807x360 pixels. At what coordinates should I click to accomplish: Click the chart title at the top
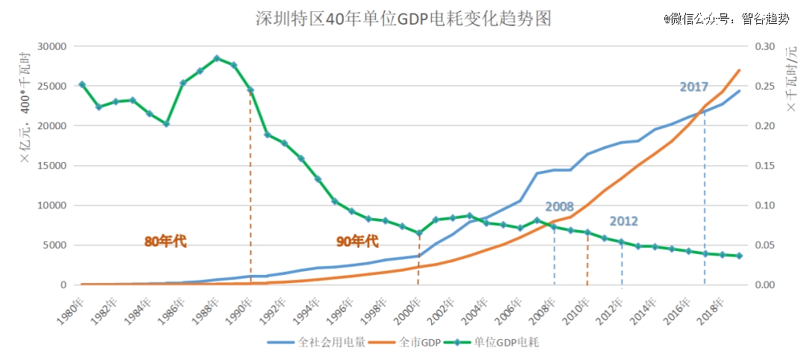tap(403, 18)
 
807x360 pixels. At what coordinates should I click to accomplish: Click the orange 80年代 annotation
tap(165, 241)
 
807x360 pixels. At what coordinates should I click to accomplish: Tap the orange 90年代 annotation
tap(357, 241)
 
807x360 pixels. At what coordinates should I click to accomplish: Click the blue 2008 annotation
tap(560, 206)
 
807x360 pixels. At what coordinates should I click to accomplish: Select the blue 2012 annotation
tap(623, 221)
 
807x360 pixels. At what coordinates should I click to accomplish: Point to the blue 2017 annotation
tap(693, 87)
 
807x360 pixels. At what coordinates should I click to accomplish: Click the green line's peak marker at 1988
tap(217, 58)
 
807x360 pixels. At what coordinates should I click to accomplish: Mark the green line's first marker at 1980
tap(81, 84)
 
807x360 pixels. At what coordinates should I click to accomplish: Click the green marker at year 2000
tap(419, 233)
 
